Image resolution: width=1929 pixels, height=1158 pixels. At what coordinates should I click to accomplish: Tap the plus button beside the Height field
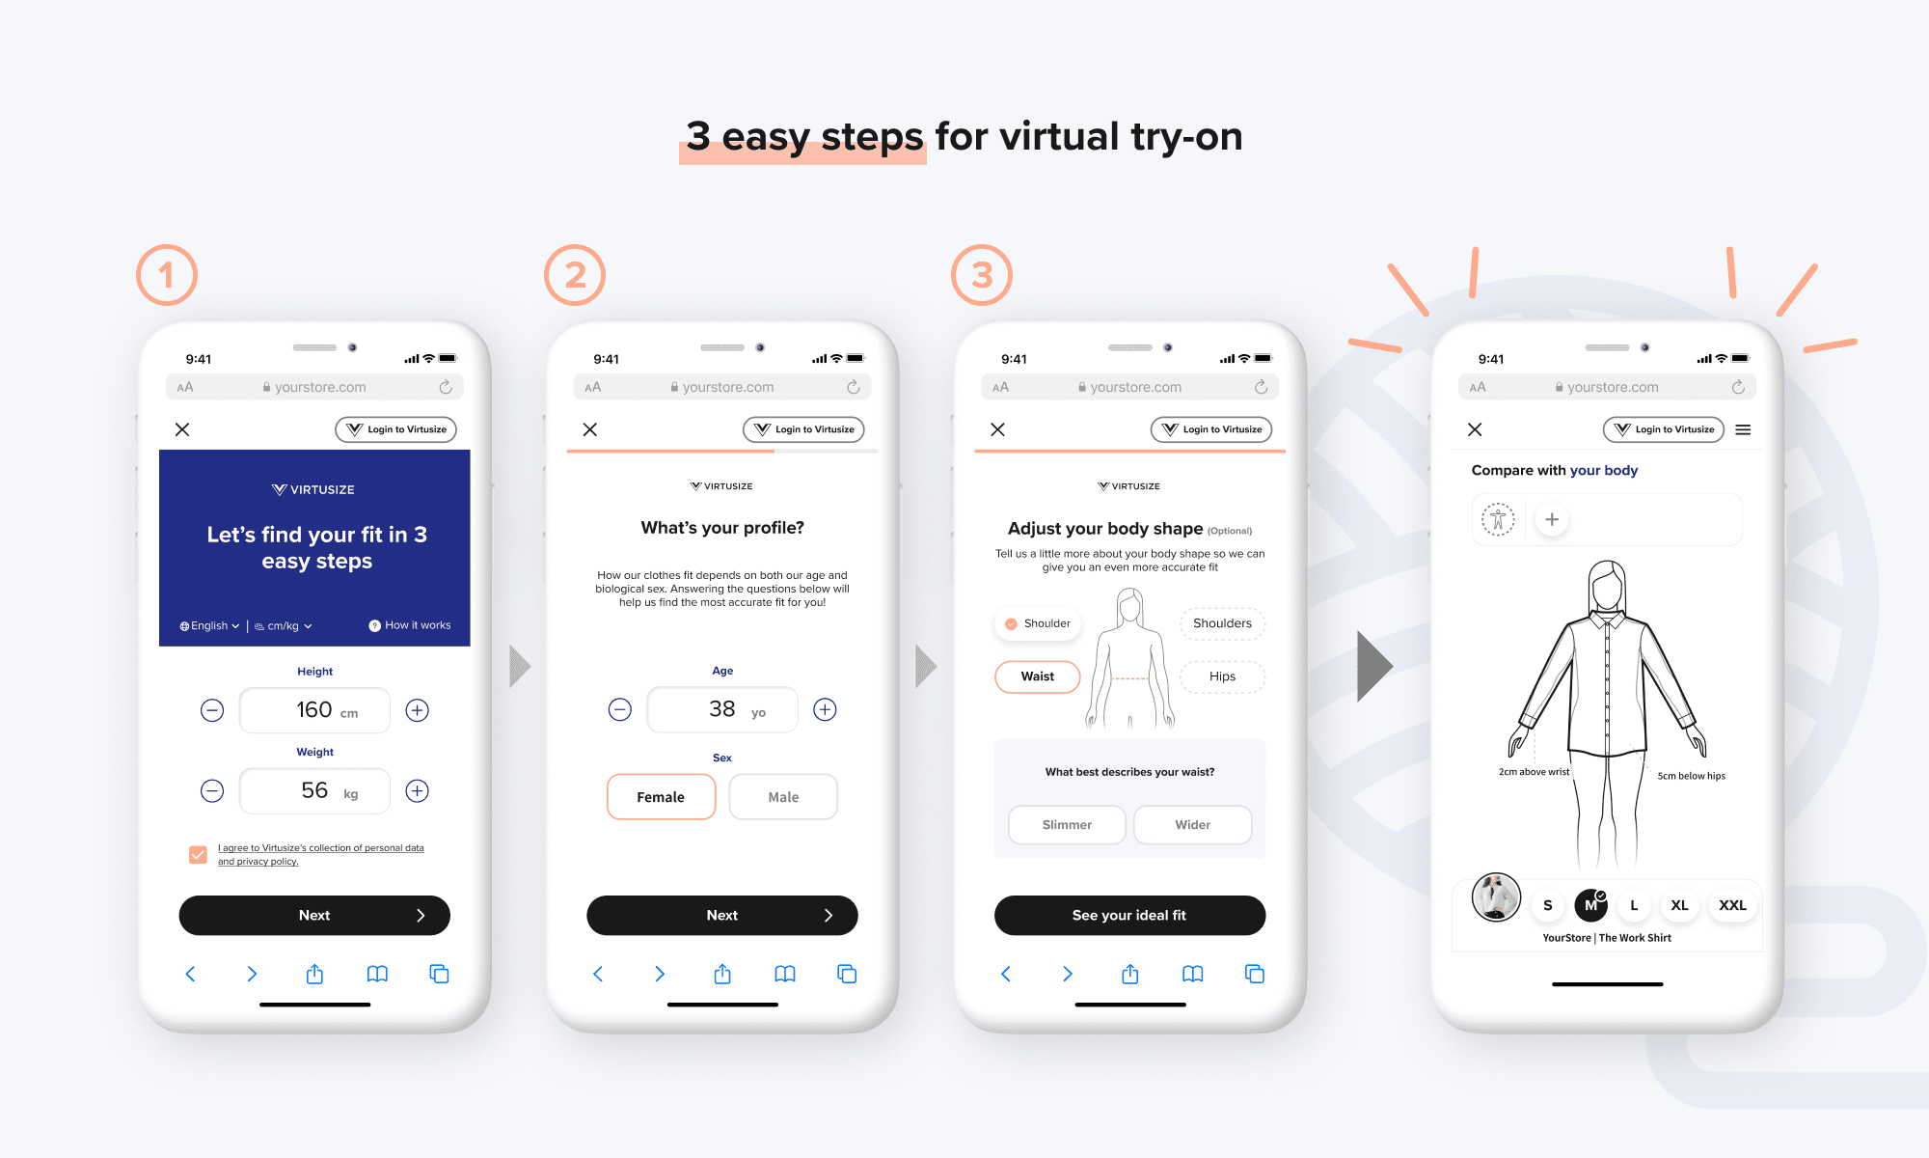pos(417,710)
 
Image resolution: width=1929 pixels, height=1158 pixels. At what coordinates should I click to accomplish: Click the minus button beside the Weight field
pos(212,791)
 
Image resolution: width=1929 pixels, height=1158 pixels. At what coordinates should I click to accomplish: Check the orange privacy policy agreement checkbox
pos(198,854)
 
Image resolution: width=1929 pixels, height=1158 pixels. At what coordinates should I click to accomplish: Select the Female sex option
pos(662,797)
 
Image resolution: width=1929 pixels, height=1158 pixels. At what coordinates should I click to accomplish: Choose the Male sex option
pos(783,797)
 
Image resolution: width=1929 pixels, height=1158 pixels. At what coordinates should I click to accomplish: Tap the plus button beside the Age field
pos(825,709)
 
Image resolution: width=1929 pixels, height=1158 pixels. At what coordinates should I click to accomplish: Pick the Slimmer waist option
pos(1067,825)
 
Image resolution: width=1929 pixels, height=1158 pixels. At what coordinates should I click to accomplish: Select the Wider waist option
pos(1193,825)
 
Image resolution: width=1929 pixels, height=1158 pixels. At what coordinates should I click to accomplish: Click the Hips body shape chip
pos(1222,676)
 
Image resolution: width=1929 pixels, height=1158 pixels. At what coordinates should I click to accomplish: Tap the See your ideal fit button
pos(1129,915)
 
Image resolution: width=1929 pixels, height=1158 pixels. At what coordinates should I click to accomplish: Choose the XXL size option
pos(1732,905)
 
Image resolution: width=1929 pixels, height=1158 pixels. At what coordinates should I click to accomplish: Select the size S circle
pos(1548,905)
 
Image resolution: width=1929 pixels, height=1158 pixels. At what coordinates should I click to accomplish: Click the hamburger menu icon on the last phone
pos(1743,429)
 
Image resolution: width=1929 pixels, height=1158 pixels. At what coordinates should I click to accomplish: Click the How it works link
pos(410,625)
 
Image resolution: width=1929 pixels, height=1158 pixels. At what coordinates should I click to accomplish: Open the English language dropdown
pos(209,626)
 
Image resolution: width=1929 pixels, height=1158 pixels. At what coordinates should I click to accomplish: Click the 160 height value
pos(314,709)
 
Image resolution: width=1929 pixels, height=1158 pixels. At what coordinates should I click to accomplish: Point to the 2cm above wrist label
pos(1534,772)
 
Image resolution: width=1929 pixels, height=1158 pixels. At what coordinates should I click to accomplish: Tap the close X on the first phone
pos(182,429)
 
